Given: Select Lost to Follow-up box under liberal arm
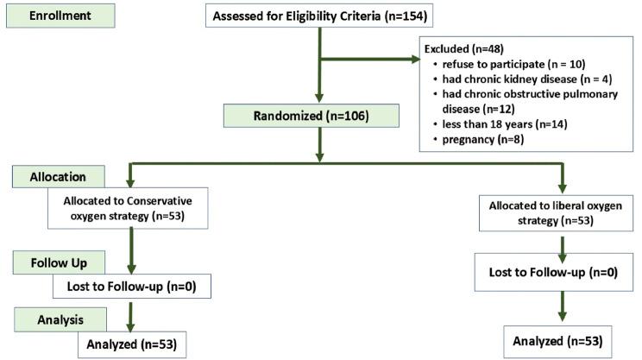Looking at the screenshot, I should pos(562,273).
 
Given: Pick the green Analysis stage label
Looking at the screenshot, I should pos(58,319).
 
